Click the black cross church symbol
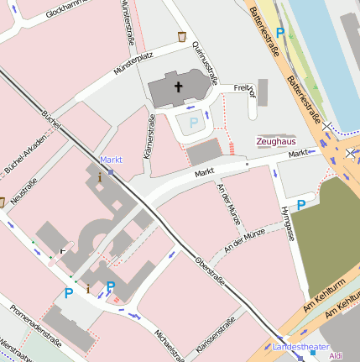click(x=178, y=86)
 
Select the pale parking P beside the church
click(x=194, y=123)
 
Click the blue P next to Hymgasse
click(x=301, y=204)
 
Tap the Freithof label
click(x=243, y=87)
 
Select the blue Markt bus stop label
click(x=111, y=160)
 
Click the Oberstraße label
click(x=209, y=272)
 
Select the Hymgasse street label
click(x=288, y=222)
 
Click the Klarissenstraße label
click(x=215, y=336)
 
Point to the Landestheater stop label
click(x=300, y=346)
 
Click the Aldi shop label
click(x=337, y=356)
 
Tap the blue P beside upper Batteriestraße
click(x=281, y=33)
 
